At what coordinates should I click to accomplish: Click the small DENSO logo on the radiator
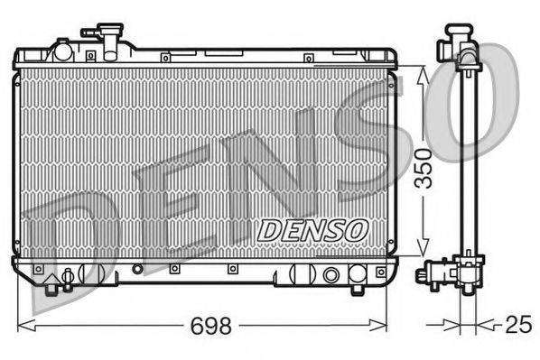310,230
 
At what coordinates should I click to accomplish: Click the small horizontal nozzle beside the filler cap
90,33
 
